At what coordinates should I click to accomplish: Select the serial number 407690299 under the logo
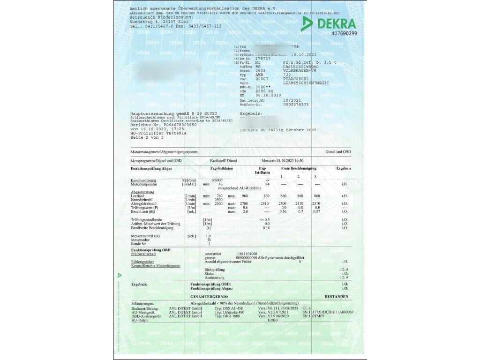tap(344, 34)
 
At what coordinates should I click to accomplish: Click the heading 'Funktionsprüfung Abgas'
tap(151, 168)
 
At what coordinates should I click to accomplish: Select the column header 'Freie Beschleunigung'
tap(299, 168)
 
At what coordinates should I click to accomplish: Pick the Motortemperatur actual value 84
tap(267, 184)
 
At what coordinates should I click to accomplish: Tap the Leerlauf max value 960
tap(244, 195)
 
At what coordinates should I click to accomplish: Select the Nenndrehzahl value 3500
tap(218, 200)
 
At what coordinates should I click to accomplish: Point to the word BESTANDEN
tap(337, 297)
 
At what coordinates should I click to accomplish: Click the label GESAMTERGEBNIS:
tap(209, 297)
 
